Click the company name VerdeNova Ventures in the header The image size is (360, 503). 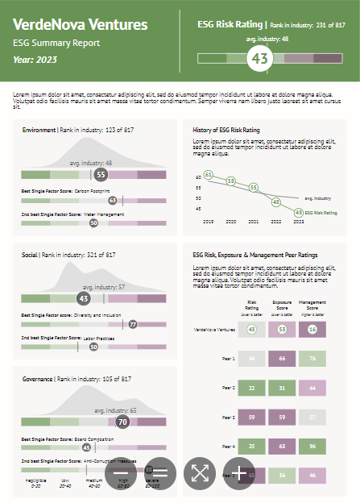[x=81, y=25]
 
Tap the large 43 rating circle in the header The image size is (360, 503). [x=260, y=58]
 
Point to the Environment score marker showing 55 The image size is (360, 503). [x=101, y=173]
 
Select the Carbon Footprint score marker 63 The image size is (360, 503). [x=113, y=201]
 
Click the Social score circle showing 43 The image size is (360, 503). [x=83, y=297]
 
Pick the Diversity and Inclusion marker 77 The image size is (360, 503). [x=133, y=324]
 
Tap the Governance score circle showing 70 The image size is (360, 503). [x=122, y=421]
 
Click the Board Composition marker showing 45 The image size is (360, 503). [x=86, y=447]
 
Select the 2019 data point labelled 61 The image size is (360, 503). [x=209, y=174]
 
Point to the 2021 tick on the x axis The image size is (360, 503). [x=254, y=220]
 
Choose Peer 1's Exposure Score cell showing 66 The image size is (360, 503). [x=282, y=359]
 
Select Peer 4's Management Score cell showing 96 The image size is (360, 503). [x=312, y=446]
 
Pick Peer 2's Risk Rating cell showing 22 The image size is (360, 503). [x=252, y=388]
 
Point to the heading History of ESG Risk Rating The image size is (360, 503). [x=226, y=129]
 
